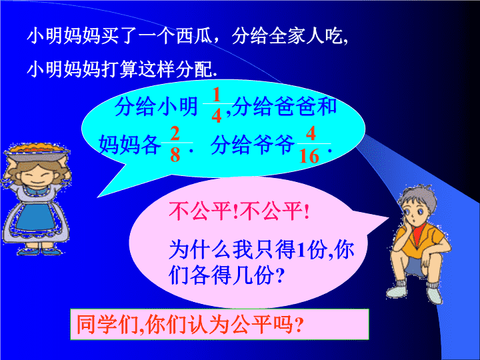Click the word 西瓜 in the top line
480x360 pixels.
click(x=195, y=37)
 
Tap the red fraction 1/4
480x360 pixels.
click(x=217, y=105)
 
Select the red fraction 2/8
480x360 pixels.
click(x=176, y=144)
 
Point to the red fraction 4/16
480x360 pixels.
click(x=311, y=145)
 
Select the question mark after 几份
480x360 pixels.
click(x=279, y=275)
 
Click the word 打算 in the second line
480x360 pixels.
click(x=119, y=69)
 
